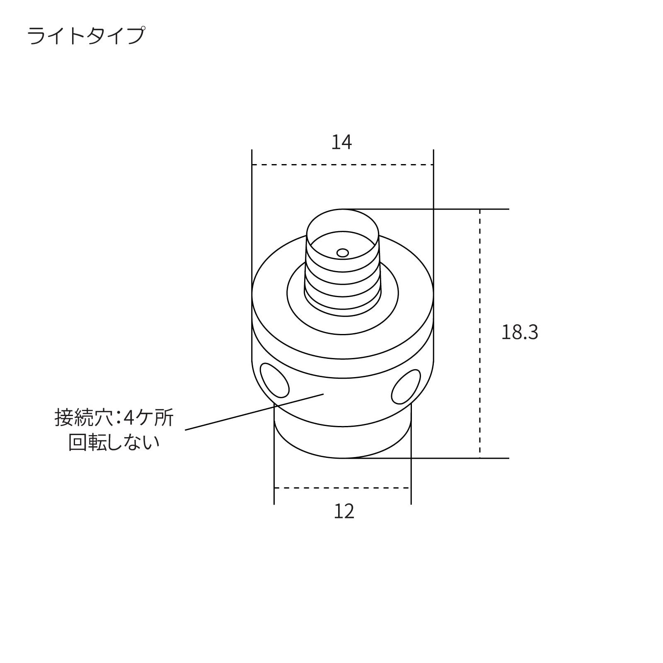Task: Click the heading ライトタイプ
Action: click(x=86, y=36)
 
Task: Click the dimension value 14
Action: click(x=341, y=143)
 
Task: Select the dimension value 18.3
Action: click(x=520, y=332)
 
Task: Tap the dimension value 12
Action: click(x=344, y=512)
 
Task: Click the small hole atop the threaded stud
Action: click(x=343, y=253)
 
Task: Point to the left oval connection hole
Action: click(x=274, y=380)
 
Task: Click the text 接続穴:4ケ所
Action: click(x=114, y=418)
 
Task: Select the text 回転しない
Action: click(x=114, y=442)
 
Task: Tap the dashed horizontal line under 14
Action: click(x=343, y=165)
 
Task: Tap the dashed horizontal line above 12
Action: click(x=342, y=488)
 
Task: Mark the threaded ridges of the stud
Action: click(x=343, y=286)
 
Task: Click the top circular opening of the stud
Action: click(x=343, y=240)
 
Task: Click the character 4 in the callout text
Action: click(x=129, y=418)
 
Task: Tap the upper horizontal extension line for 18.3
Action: click(x=456, y=209)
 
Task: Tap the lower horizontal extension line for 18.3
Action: click(x=456, y=458)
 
